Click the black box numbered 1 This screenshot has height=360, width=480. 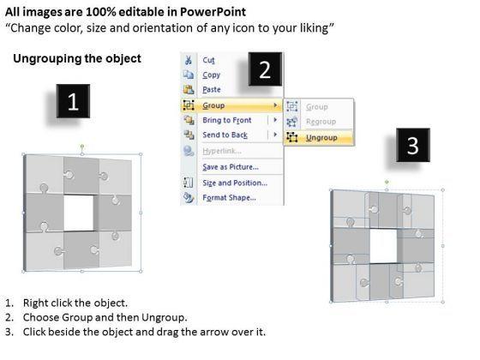click(73, 101)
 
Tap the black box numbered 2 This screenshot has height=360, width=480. click(265, 69)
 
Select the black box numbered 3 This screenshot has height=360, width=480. click(413, 145)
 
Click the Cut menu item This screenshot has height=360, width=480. click(208, 60)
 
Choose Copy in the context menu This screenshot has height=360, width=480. click(211, 75)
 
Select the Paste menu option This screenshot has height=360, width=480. click(212, 90)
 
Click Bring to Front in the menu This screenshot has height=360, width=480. click(227, 120)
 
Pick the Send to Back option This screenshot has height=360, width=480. click(225, 135)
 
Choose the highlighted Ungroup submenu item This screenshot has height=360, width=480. click(321, 138)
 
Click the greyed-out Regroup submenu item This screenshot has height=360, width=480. click(321, 122)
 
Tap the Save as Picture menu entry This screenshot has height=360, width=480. click(231, 167)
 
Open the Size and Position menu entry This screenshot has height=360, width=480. click(235, 183)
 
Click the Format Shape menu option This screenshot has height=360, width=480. click(230, 198)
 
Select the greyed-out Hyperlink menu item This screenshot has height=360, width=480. click(222, 151)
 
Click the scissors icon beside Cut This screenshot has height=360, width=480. click(189, 60)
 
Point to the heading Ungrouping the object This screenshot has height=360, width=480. click(77, 59)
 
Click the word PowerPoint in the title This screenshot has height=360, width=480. click(213, 12)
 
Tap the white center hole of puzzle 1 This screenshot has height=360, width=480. click(79, 213)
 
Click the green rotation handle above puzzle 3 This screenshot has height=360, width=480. click(387, 182)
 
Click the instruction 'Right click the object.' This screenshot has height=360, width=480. click(75, 303)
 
